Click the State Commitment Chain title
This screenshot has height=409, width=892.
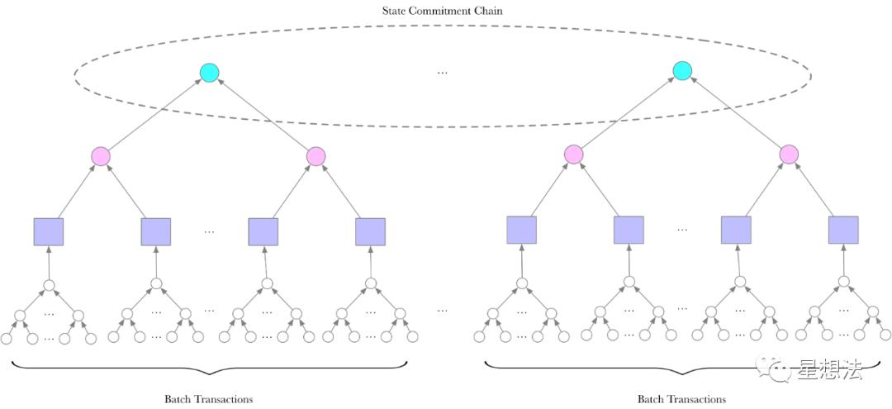[x=442, y=10]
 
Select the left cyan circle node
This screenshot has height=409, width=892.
[x=209, y=72]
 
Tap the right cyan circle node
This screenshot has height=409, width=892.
[x=682, y=70]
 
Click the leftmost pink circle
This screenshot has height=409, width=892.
[x=101, y=156]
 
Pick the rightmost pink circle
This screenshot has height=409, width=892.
[x=789, y=155]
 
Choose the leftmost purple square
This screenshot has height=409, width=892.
[x=49, y=231]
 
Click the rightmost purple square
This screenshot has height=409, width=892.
[x=843, y=230]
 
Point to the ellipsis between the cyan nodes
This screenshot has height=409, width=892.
[x=442, y=73]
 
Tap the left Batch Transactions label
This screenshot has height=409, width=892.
[x=209, y=399]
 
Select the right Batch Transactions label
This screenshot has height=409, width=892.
[x=681, y=399]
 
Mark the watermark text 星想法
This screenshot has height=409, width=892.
[x=829, y=369]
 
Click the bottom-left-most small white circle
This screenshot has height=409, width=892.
[x=7, y=339]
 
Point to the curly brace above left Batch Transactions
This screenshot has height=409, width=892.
[x=209, y=367]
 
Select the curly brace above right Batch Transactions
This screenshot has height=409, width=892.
[x=682, y=367]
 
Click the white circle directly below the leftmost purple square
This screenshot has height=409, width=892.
[x=49, y=285]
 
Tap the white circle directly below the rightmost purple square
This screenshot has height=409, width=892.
[x=843, y=281]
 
